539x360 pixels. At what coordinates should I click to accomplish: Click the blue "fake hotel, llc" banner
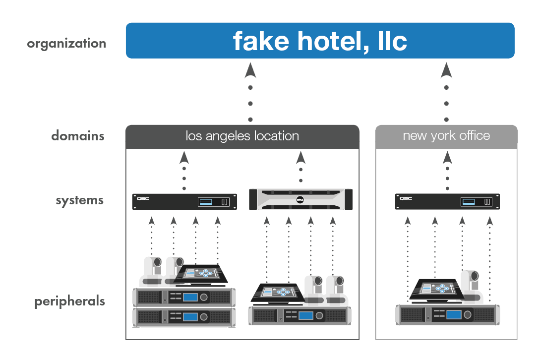(320, 41)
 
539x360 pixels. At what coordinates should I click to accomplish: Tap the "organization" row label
(66, 44)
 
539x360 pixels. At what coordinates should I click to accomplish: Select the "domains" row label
(78, 136)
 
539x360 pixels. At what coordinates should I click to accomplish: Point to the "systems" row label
(80, 201)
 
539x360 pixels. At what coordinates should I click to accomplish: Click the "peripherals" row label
(69, 301)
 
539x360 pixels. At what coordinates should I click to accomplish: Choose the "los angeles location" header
(242, 136)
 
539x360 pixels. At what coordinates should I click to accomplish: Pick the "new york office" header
(446, 136)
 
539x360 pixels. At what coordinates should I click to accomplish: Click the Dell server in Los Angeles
(300, 200)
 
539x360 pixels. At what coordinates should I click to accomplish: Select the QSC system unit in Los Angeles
(184, 201)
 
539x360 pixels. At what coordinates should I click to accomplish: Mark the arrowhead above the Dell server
(300, 158)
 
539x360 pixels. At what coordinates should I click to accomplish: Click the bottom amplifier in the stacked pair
(184, 317)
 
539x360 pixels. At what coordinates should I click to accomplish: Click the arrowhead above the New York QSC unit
(447, 158)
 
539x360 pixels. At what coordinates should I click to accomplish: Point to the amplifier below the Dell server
(300, 315)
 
